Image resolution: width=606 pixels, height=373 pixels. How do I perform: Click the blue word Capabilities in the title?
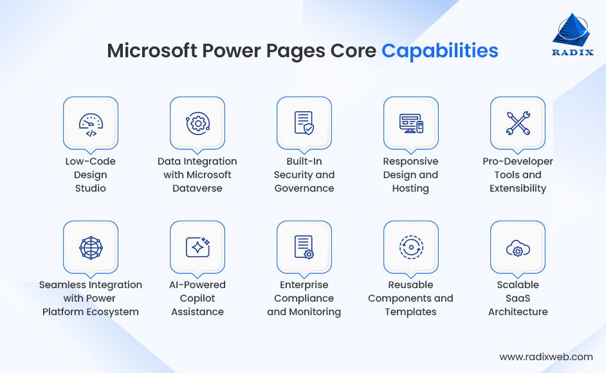440,51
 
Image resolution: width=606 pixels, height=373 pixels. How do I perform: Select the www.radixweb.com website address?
546,356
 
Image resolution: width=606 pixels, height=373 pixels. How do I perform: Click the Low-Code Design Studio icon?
90,123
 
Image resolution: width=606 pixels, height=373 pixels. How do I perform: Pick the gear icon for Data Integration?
197,123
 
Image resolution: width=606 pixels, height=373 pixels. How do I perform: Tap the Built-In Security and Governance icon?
304,123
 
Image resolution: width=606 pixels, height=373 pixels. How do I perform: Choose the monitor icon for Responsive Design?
410,123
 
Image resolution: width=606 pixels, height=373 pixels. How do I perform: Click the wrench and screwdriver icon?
517,123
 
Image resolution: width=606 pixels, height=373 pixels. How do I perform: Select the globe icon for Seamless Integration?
90,248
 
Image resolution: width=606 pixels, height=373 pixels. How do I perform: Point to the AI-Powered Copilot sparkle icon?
197,248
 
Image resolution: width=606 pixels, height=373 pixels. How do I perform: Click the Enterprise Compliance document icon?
304,248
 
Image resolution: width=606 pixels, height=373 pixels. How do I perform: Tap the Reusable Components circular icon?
410,248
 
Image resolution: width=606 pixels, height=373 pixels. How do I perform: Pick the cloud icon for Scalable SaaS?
517,248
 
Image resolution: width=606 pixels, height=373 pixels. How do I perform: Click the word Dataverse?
197,188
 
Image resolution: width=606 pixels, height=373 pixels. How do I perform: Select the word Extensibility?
518,188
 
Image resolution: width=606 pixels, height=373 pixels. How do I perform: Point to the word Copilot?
197,298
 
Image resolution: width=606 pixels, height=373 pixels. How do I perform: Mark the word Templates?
410,312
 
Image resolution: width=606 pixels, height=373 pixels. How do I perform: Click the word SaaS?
518,298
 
